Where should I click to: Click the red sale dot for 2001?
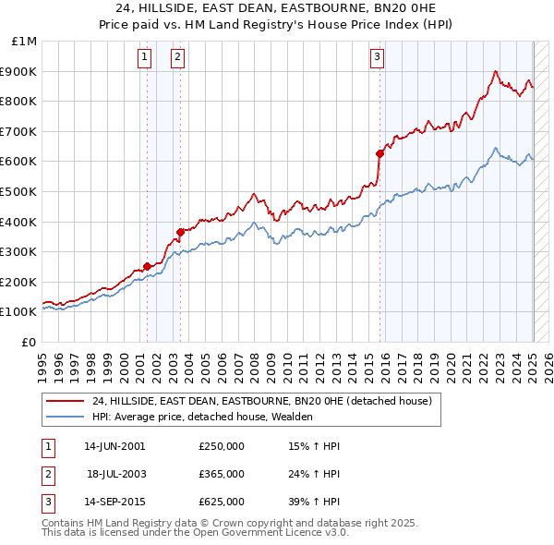[x=147, y=266]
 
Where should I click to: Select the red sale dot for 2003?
[x=181, y=232]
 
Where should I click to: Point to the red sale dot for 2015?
[x=379, y=153]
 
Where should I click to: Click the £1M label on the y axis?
[x=25, y=42]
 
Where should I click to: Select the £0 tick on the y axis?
[x=29, y=342]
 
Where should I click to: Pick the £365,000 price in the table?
[x=222, y=474]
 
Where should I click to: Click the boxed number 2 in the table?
[x=47, y=474]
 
